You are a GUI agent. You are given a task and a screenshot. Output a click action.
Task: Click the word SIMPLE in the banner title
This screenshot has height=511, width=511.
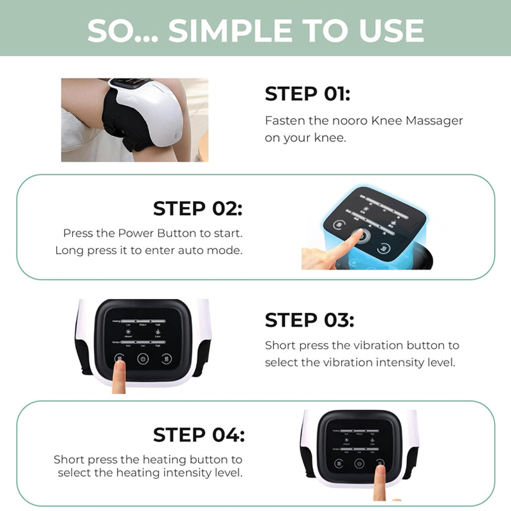click(241, 30)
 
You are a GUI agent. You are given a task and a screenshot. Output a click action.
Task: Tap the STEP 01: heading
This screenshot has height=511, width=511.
click(307, 94)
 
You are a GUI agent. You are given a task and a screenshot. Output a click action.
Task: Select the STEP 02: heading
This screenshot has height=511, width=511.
click(197, 208)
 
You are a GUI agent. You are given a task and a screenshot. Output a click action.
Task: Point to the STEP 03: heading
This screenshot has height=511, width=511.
click(309, 319)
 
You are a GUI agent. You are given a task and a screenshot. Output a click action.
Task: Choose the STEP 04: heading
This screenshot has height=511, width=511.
click(199, 435)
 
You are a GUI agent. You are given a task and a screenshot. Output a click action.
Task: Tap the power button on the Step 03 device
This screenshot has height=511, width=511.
click(142, 359)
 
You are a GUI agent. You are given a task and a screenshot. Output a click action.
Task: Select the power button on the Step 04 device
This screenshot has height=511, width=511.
click(359, 464)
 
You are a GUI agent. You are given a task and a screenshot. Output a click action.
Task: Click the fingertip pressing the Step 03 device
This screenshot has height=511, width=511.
click(119, 369)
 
